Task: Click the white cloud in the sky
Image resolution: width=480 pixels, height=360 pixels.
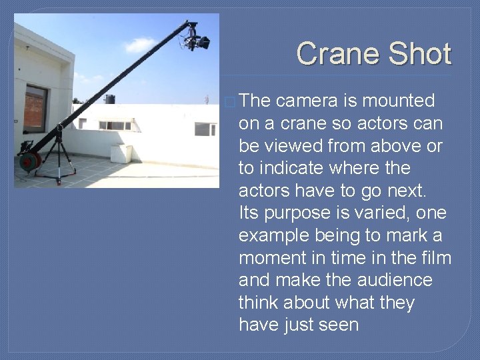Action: (x=140, y=45)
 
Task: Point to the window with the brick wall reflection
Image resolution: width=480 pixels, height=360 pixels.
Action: (x=35, y=108)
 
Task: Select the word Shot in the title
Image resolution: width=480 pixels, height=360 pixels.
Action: (x=419, y=54)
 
